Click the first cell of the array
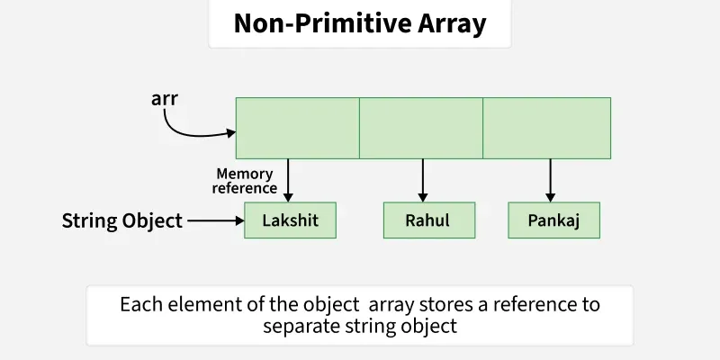(x=297, y=128)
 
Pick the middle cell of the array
(x=421, y=128)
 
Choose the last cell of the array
(x=547, y=128)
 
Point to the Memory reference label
(x=245, y=181)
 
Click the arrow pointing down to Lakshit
(x=289, y=180)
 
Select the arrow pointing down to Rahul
(x=421, y=180)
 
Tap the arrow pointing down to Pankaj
(x=550, y=180)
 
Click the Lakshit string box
(x=290, y=220)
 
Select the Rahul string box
(x=427, y=220)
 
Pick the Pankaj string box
(x=553, y=220)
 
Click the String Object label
(x=122, y=220)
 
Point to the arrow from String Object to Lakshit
(x=214, y=220)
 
